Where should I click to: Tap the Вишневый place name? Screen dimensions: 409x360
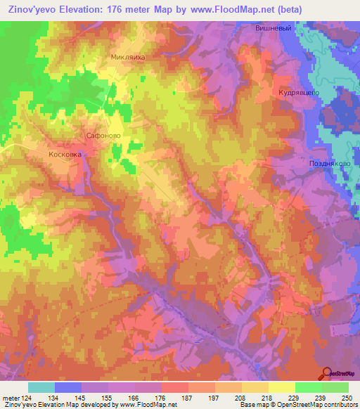[x=271, y=29]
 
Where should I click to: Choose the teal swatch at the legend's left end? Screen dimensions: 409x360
[x=41, y=387]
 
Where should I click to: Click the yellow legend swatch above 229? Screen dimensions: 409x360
[x=281, y=387]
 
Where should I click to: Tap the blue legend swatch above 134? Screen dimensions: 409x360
[x=68, y=387]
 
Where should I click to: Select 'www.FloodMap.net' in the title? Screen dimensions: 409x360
[x=210, y=10]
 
